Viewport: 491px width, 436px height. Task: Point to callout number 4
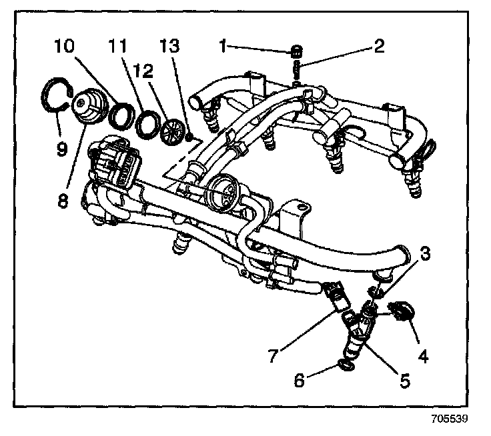(x=422, y=357)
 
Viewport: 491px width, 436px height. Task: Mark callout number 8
(x=62, y=201)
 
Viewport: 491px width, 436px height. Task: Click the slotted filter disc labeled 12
(x=173, y=128)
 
